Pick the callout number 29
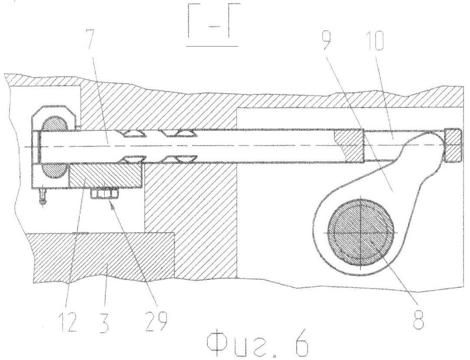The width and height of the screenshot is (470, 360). point(156,321)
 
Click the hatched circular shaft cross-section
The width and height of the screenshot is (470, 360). point(360,233)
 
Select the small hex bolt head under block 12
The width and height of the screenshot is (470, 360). point(104,193)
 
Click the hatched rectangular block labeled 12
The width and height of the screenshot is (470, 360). point(106,176)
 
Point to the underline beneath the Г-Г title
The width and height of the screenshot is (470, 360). point(212,46)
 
